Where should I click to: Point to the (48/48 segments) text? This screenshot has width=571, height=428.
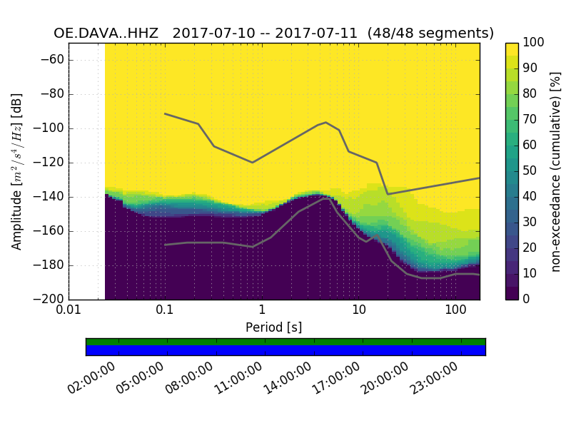point(432,33)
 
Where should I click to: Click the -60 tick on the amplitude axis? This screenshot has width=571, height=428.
point(52,60)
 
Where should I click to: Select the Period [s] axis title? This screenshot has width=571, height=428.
point(273,328)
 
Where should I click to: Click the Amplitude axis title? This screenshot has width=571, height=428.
point(17,171)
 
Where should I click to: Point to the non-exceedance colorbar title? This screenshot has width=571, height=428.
point(557,171)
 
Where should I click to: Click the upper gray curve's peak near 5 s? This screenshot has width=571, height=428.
point(326,122)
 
